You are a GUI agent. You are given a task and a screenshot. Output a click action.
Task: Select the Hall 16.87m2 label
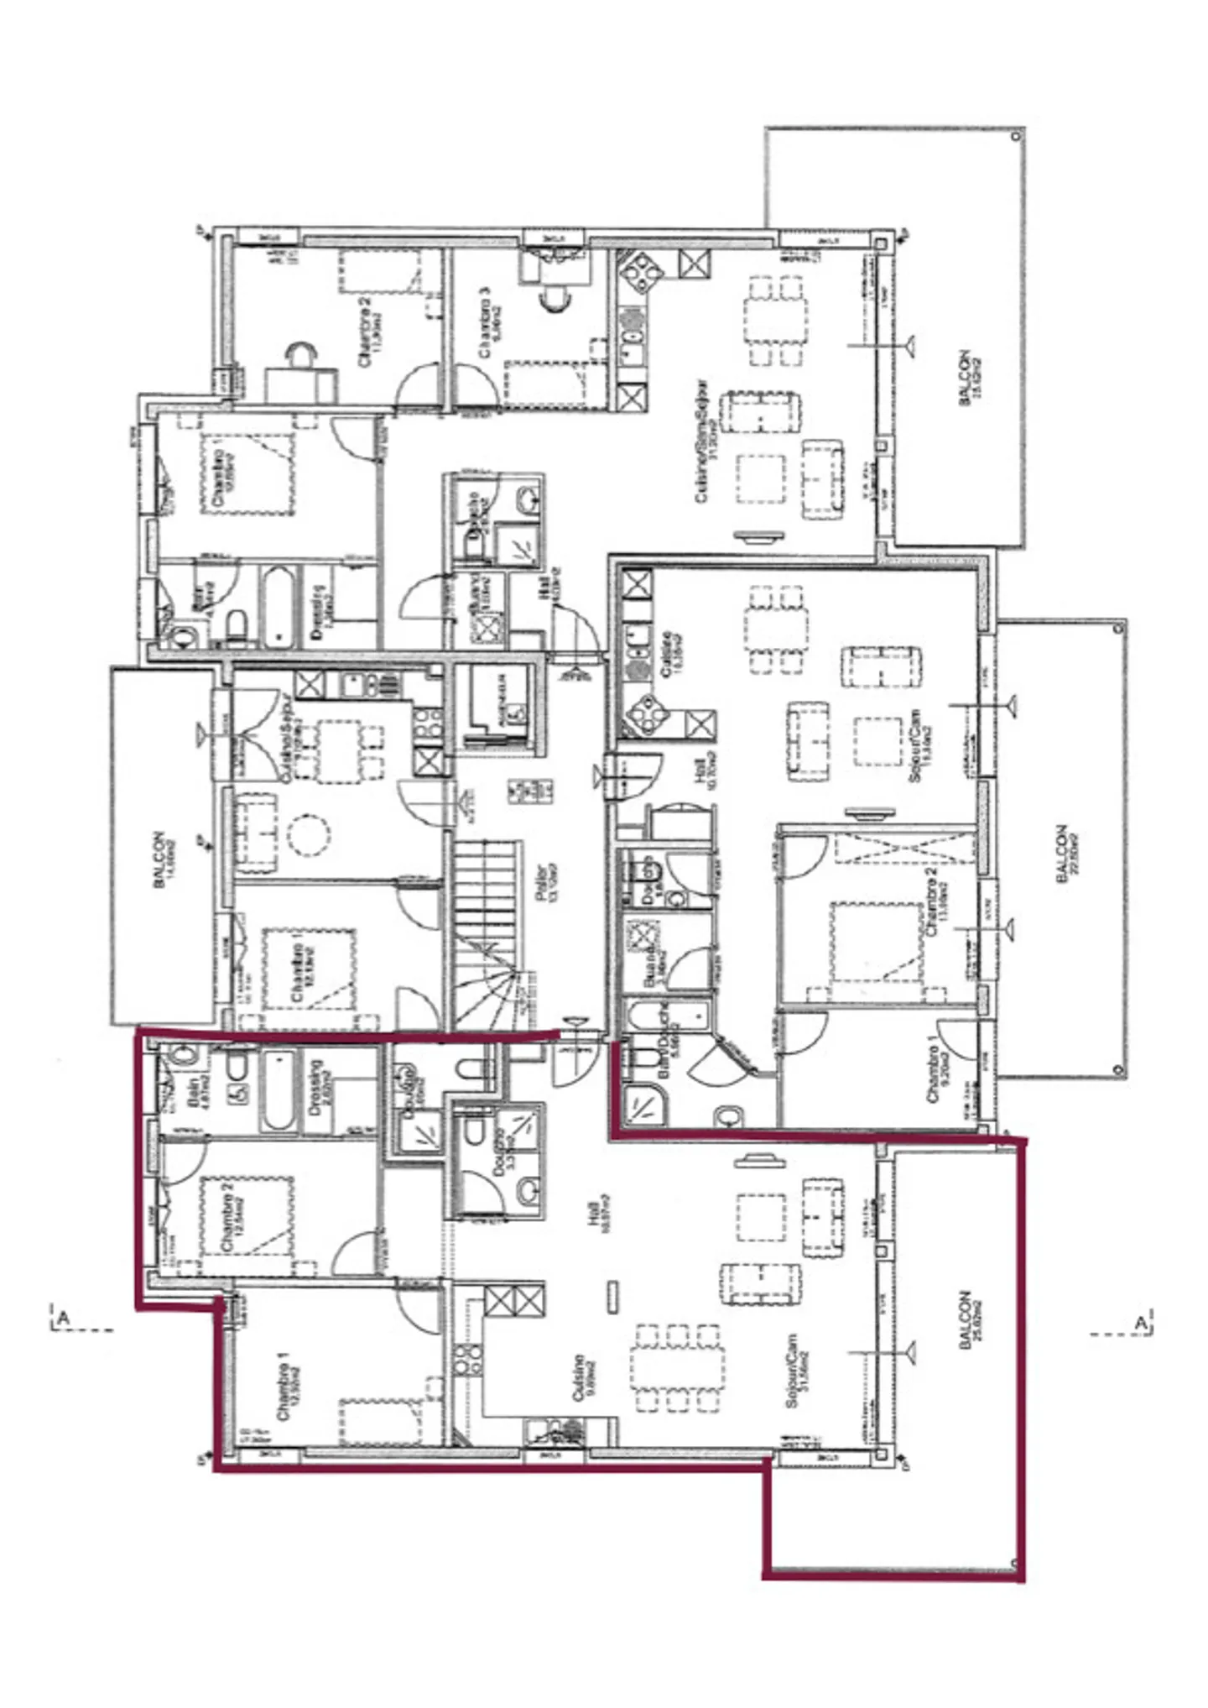click(x=598, y=1214)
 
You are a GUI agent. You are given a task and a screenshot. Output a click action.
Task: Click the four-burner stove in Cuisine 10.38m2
click(x=648, y=713)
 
